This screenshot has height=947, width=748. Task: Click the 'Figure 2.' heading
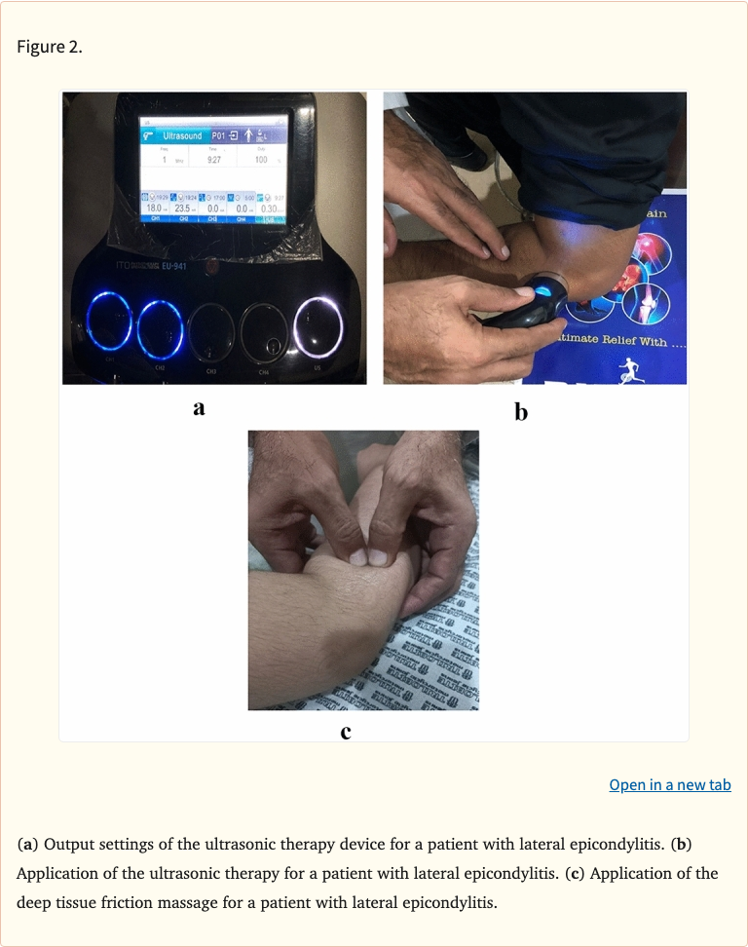(x=50, y=47)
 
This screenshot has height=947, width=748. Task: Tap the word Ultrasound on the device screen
(x=182, y=135)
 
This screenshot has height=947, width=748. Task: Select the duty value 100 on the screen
(x=260, y=159)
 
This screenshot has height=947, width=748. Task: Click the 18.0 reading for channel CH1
(x=154, y=208)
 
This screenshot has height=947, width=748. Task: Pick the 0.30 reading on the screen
(x=271, y=208)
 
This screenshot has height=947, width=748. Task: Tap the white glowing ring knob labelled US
(x=318, y=324)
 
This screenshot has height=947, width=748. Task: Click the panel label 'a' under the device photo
(x=200, y=408)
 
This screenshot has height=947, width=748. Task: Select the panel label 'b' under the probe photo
(x=521, y=412)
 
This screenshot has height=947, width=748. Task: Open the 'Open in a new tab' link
(x=669, y=784)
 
